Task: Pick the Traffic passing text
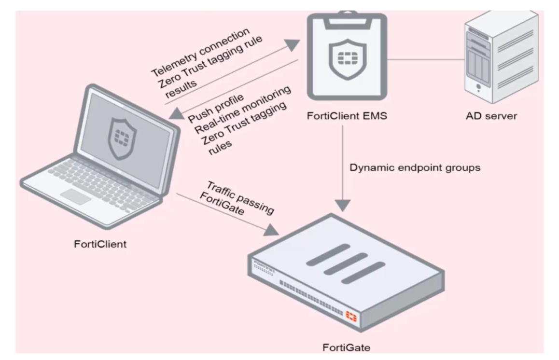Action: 240,196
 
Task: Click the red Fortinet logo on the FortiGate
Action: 351,316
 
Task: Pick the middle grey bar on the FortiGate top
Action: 344,264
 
